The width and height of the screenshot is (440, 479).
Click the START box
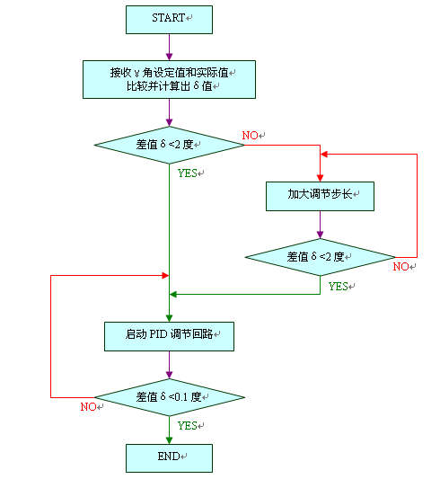tap(169, 18)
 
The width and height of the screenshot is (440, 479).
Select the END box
tap(169, 457)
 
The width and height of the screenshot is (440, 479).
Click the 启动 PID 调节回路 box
tap(169, 336)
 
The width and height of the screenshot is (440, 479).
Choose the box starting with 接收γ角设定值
tap(169, 79)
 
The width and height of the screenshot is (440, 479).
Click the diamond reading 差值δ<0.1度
tap(169, 396)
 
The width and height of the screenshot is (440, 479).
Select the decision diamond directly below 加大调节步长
tap(320, 257)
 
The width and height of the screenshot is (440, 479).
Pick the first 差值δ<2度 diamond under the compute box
tap(169, 145)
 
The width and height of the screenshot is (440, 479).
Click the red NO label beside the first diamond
tap(252, 135)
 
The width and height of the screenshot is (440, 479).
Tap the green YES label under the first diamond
tap(189, 173)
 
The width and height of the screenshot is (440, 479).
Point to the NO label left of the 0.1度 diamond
tap(89, 407)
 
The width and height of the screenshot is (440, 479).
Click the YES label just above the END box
tap(189, 425)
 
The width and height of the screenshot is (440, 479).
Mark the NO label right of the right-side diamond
tap(402, 267)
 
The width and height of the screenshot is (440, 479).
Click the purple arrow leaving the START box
tap(169, 46)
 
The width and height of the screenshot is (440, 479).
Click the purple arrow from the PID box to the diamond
tap(169, 364)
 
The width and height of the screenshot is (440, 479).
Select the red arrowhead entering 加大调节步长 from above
tap(320, 175)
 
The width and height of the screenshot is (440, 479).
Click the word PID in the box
tap(159, 336)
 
